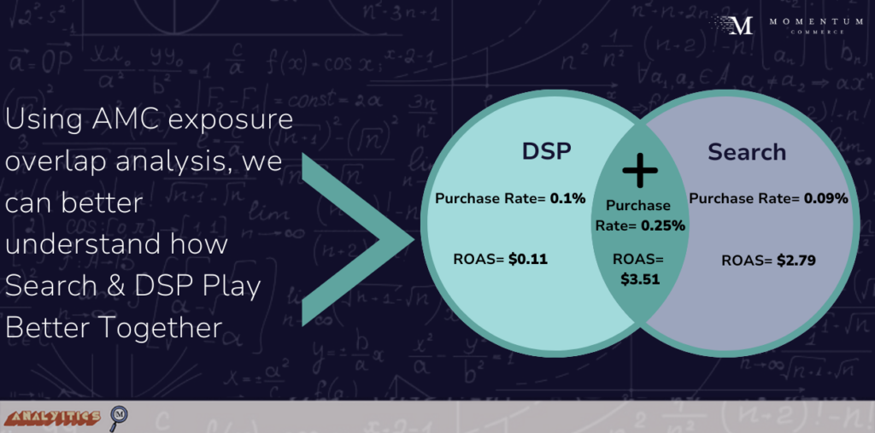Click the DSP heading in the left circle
[546, 152]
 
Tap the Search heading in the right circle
[747, 152]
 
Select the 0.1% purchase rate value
[568, 198]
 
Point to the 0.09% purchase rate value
[826, 198]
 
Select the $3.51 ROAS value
[640, 279]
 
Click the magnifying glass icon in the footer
[118, 417]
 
